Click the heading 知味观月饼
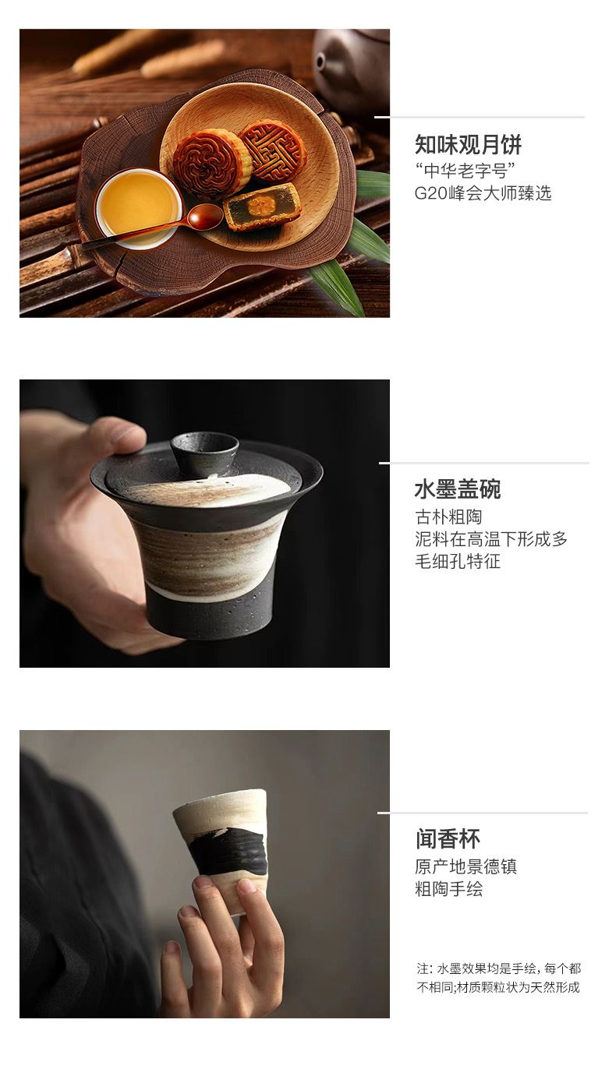(x=468, y=144)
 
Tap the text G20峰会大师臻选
(x=483, y=193)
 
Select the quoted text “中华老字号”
(x=464, y=171)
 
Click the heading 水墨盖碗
(x=457, y=489)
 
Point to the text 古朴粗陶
(x=448, y=517)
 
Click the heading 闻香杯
(x=448, y=839)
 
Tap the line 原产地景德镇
(x=466, y=866)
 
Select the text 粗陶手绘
(x=448, y=889)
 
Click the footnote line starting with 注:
(x=498, y=968)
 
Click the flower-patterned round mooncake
(x=211, y=164)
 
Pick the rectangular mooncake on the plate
(x=262, y=206)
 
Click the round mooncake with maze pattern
(x=274, y=151)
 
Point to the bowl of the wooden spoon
(x=205, y=216)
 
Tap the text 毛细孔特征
(x=457, y=561)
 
